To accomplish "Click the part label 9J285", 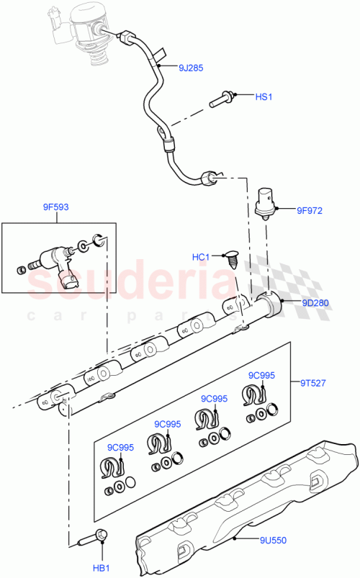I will [191, 69].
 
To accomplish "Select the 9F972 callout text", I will [310, 211].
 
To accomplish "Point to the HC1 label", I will [200, 257].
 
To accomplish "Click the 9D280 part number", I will [315, 303].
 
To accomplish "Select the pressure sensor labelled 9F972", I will [268, 202].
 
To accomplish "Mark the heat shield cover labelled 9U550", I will [245, 504].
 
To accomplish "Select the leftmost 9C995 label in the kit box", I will [121, 448].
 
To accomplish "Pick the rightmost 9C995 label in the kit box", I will [262, 375].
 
